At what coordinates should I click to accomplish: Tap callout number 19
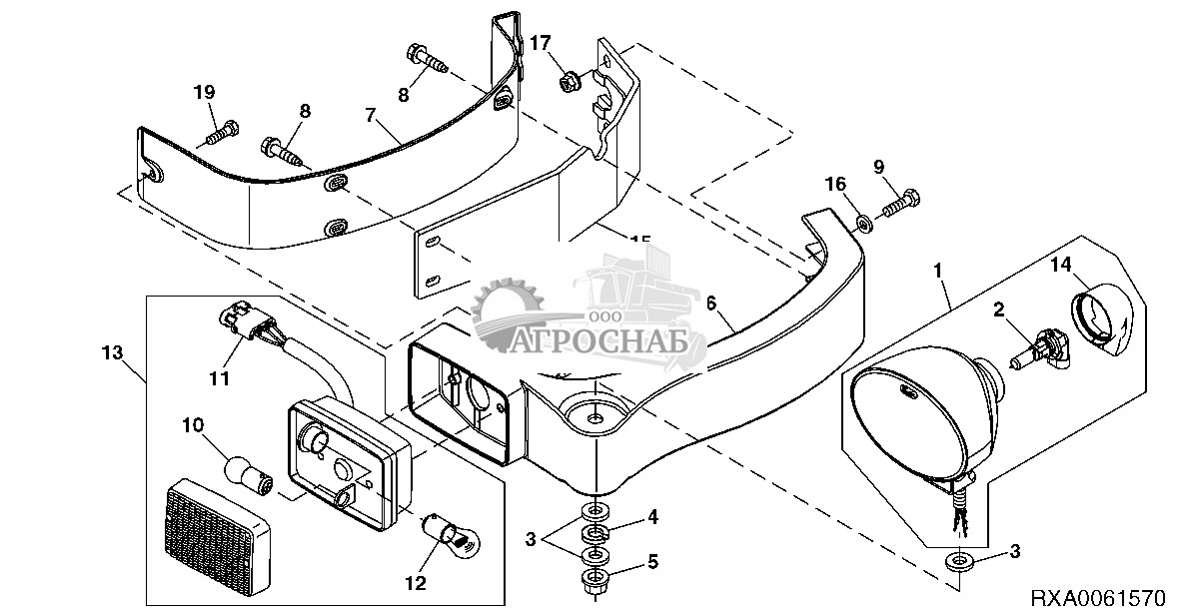coord(204,93)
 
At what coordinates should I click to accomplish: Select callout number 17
coord(540,43)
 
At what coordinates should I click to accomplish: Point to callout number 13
coord(112,351)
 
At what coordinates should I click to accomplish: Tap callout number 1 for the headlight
coord(937,270)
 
